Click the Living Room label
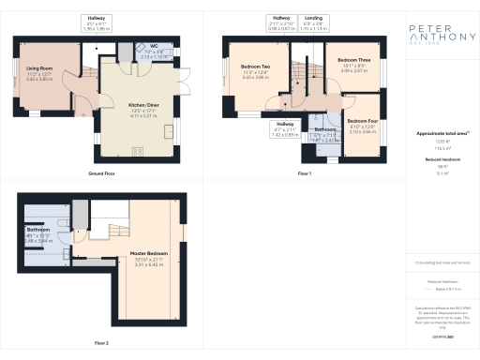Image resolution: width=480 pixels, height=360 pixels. pos(39,68)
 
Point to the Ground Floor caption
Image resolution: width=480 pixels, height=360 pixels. pos(101,173)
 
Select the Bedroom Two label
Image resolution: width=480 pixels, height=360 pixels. pos(255,67)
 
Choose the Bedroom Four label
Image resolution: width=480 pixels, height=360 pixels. pos(362,121)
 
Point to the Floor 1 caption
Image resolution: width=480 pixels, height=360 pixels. pos(304,173)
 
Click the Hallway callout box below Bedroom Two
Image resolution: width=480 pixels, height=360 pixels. pos(284,129)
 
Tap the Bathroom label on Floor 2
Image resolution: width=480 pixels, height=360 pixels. pos(38,230)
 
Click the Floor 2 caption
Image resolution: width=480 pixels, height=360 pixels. pos(100,343)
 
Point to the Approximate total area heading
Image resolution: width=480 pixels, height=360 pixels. pos(440,134)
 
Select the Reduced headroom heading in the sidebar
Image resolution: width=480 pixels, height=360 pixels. pos(440,159)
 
